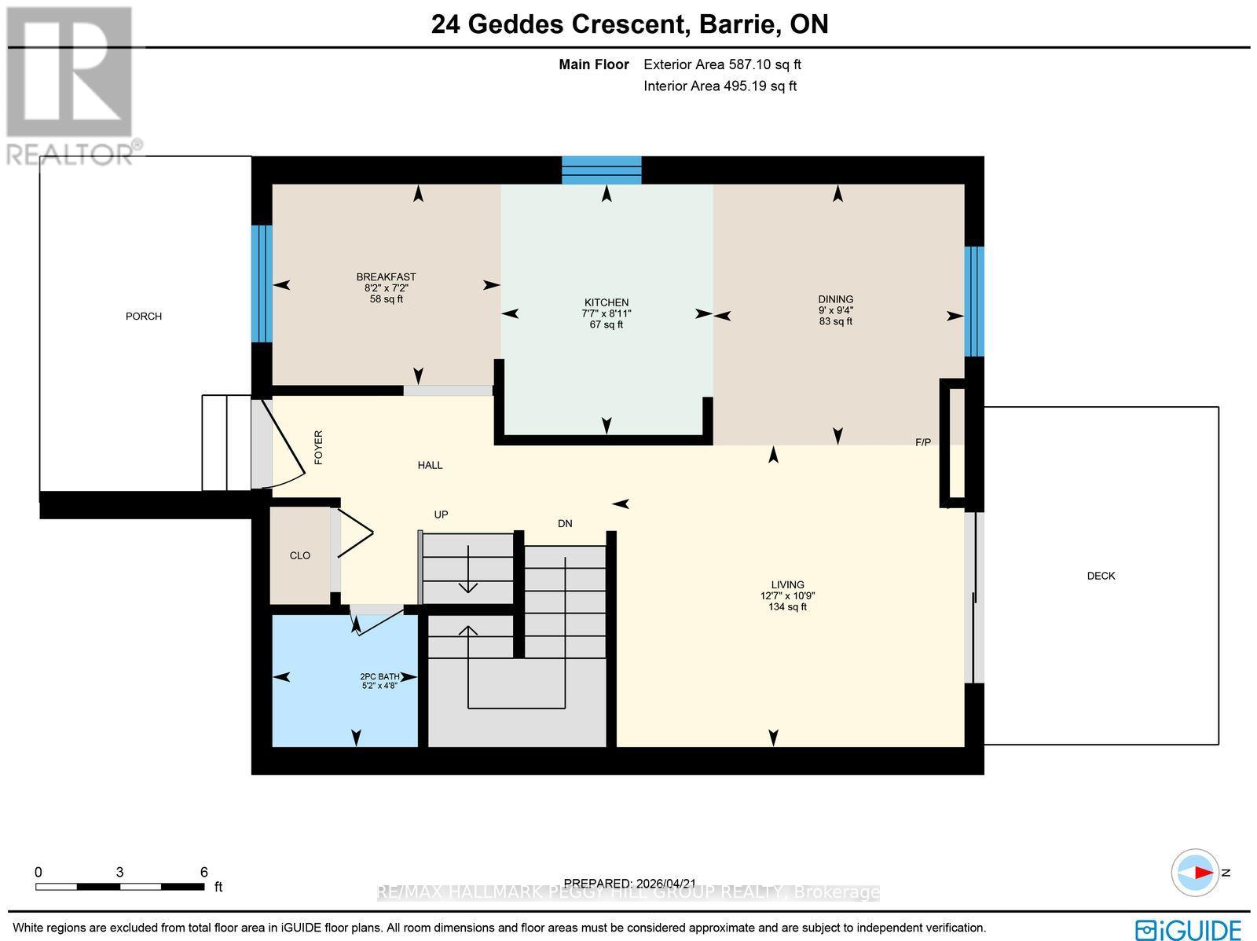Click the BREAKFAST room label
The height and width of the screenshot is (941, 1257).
pos(386,277)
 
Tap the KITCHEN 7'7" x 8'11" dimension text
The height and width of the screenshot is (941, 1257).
pos(606,313)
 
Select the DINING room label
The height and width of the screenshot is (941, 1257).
pos(835,299)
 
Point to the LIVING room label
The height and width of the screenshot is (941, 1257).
pos(787,584)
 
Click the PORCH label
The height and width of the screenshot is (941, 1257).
pos(144,317)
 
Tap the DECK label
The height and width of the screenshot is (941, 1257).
pos(1101,576)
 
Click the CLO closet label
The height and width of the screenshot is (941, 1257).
pos(300,555)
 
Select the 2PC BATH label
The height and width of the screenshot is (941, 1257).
pos(379,676)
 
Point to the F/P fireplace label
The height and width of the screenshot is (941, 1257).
pos(923,442)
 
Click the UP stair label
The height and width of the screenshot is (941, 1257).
pos(441,514)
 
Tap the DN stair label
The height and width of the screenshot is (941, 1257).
pos(565,523)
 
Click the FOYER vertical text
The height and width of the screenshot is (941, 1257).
pos(318,448)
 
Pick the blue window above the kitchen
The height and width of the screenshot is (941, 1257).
pos(602,170)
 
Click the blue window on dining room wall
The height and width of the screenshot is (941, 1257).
pos(973,302)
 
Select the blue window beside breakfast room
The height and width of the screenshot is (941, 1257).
pos(262,284)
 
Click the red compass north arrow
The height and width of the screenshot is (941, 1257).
pos(1200,873)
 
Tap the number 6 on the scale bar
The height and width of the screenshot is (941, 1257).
pos(203,872)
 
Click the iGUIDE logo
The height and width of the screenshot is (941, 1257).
pos(1189,928)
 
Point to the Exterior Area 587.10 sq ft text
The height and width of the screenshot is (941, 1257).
pos(722,65)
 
